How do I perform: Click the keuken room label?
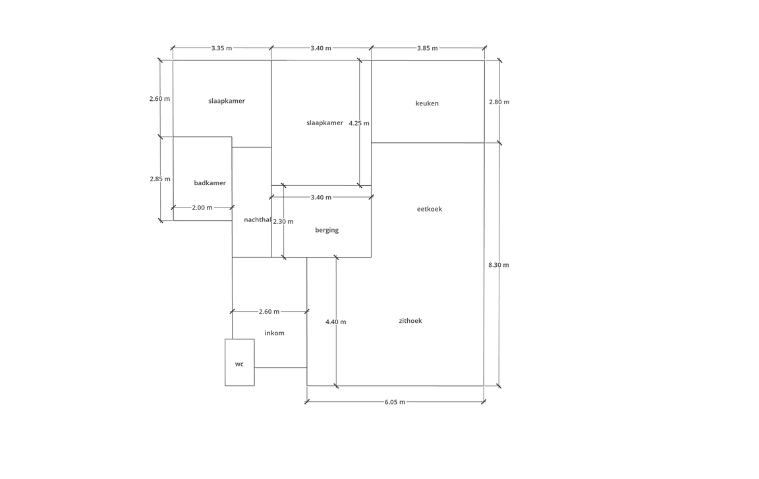(x=427, y=103)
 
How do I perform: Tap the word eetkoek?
(x=430, y=209)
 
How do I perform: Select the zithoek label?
(x=410, y=321)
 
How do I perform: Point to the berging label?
(x=327, y=231)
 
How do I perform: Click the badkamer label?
(x=210, y=183)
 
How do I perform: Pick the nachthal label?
(x=258, y=219)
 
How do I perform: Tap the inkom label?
(x=275, y=333)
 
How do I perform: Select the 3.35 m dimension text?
(x=221, y=48)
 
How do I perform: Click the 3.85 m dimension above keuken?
(x=428, y=48)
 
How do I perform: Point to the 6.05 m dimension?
(x=395, y=402)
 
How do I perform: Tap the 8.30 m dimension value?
(x=499, y=265)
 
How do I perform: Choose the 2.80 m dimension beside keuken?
(x=499, y=102)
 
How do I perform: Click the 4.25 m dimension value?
(x=359, y=123)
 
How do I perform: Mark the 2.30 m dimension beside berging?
(x=283, y=221)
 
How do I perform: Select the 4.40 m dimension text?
(x=336, y=322)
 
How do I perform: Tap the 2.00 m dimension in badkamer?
(x=202, y=208)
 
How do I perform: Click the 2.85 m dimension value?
(x=160, y=179)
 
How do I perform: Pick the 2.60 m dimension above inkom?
(x=269, y=312)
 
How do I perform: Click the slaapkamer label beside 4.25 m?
(x=325, y=123)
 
